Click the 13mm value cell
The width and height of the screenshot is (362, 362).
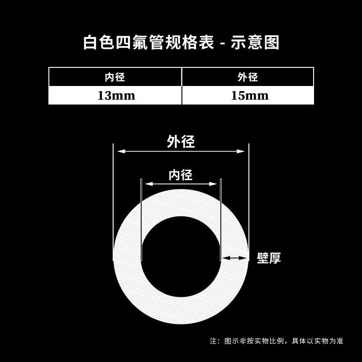pos(116,95)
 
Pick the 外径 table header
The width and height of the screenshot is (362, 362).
pos(248,77)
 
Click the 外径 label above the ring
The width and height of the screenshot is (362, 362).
pos(181,142)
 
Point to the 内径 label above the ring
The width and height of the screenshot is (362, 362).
pos(181,175)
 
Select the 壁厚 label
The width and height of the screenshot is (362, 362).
pos(269,258)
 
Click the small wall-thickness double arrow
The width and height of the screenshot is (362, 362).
pos(233,258)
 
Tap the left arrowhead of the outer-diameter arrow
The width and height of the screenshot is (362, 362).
pos(120,152)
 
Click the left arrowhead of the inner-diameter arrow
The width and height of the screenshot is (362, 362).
pos(148,184)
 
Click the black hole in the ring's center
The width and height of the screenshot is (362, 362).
pos(181,257)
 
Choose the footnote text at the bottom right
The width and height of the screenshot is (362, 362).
pos(276,341)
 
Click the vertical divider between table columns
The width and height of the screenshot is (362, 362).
pos(182,86)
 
